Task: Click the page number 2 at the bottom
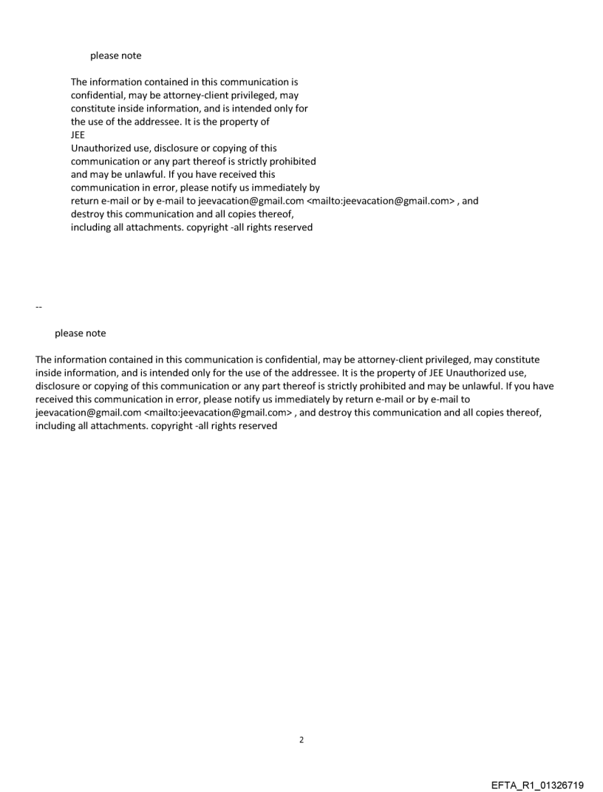[x=301, y=740]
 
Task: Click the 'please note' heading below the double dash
[x=80, y=334]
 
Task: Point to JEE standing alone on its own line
[x=78, y=135]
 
